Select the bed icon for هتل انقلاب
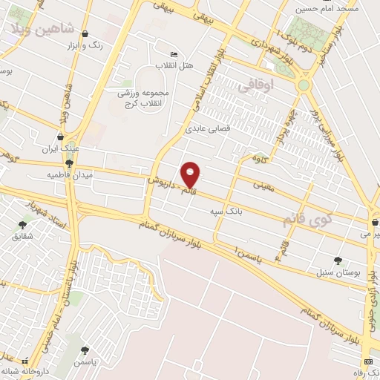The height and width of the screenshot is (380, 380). coord(174,54)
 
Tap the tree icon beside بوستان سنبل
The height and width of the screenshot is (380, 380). coord(338,261)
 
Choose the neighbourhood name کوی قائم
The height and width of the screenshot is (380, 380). coord(308,220)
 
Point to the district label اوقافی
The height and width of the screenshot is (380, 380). coord(257,86)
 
